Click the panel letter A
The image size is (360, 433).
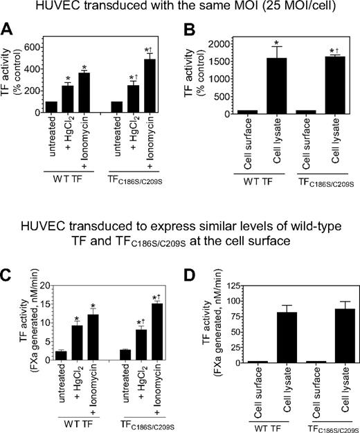[10, 30]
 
